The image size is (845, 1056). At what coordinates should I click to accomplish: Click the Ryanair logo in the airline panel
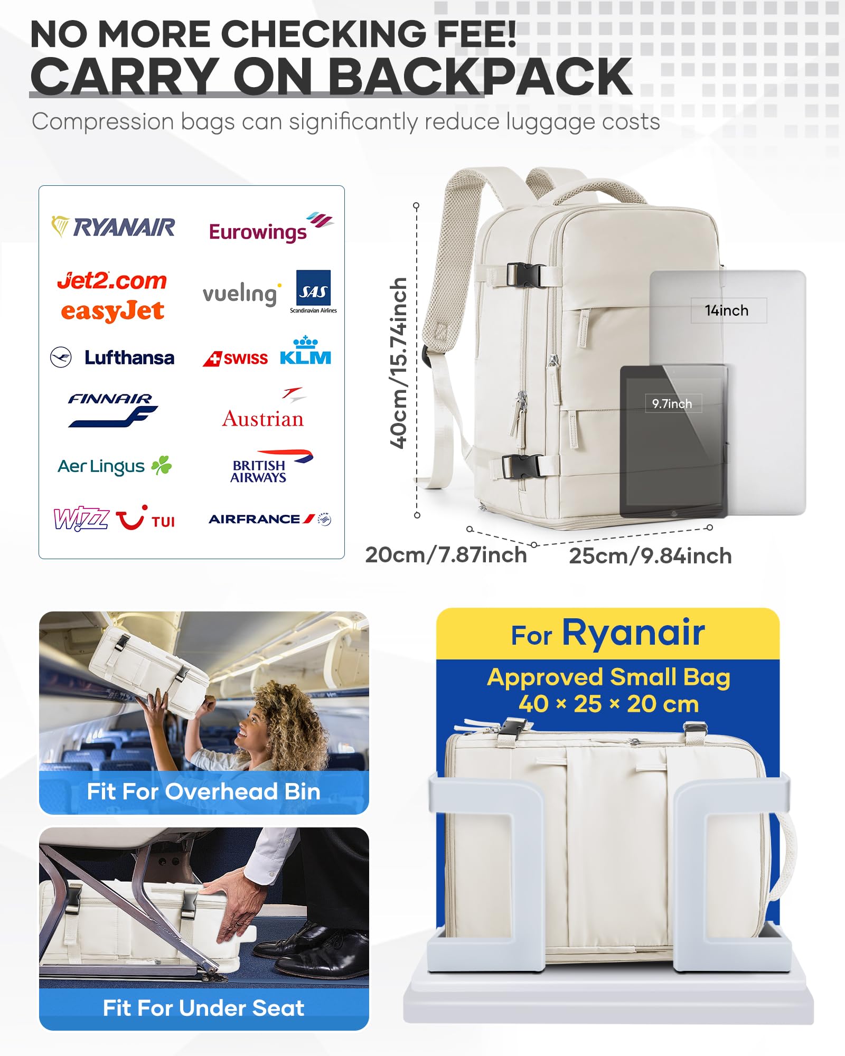pyautogui.click(x=113, y=227)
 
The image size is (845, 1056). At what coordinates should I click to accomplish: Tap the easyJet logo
pyautogui.click(x=112, y=311)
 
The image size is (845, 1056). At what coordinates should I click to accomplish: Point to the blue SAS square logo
pyautogui.click(x=313, y=288)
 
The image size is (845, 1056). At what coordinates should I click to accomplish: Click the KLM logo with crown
pyautogui.click(x=305, y=351)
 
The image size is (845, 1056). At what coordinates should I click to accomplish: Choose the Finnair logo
pyautogui.click(x=112, y=409)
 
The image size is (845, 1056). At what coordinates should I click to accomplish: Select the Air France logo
pyautogui.click(x=269, y=519)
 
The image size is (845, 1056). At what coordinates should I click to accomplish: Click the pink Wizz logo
pyautogui.click(x=81, y=518)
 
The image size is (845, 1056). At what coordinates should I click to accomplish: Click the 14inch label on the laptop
pyautogui.click(x=727, y=310)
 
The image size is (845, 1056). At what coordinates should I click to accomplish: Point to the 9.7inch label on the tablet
pyautogui.click(x=672, y=404)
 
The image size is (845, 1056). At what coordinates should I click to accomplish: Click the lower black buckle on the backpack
pyautogui.click(x=521, y=466)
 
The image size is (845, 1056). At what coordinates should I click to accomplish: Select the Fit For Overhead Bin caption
pyautogui.click(x=203, y=792)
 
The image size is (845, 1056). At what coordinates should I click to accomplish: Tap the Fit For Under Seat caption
pyautogui.click(x=203, y=1008)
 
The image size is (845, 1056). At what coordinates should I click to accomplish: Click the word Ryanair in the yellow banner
pyautogui.click(x=633, y=633)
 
